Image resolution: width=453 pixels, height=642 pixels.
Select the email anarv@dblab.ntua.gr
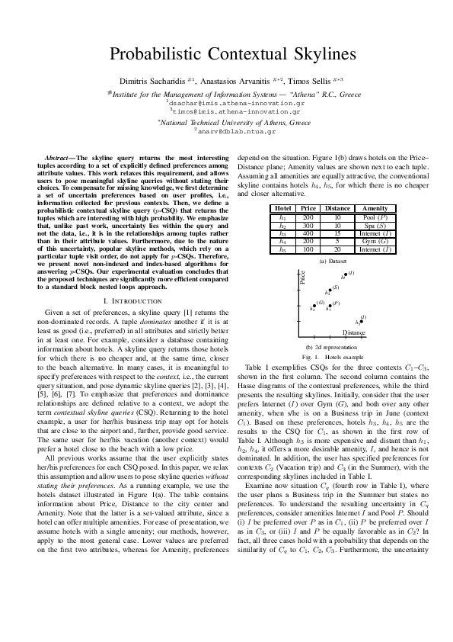(x=228, y=131)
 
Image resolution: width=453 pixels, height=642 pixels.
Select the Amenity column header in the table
(x=375, y=208)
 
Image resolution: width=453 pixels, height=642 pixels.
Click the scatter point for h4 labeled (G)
(x=314, y=306)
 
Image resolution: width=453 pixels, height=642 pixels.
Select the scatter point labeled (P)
(x=330, y=306)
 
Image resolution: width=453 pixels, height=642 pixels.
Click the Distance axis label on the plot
(x=353, y=333)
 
